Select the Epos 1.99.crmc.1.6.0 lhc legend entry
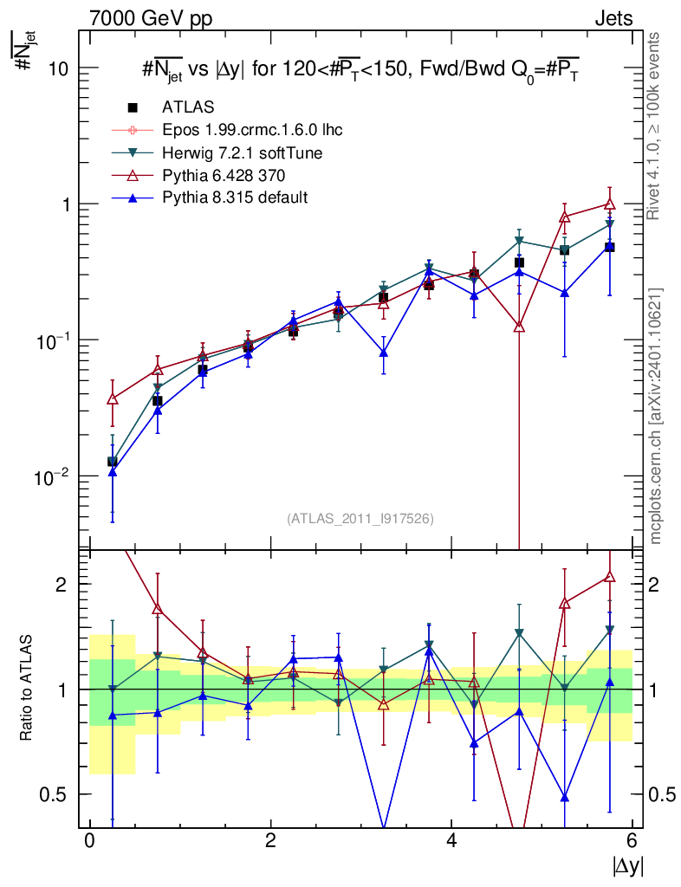252,130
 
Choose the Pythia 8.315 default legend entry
235,198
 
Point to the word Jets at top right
613,18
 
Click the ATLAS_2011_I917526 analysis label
360,518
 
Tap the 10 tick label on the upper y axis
58,68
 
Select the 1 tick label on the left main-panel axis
67,204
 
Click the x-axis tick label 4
451,841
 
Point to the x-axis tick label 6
632,841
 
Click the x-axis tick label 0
89,841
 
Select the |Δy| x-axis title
626,865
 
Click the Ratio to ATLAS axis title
27,689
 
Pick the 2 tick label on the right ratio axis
654,584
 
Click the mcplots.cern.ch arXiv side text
656,415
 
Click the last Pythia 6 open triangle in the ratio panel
609,576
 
